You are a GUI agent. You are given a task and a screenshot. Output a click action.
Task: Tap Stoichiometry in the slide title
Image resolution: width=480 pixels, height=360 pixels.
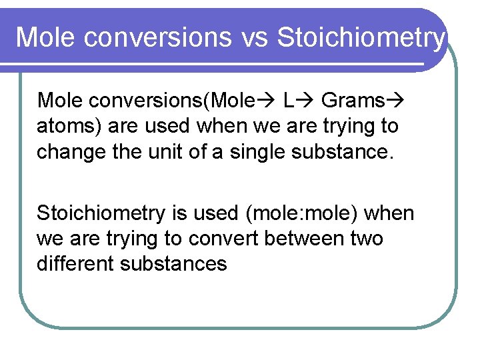pos(360,38)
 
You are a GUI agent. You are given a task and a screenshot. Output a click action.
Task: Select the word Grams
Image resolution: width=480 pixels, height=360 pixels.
pos(353,101)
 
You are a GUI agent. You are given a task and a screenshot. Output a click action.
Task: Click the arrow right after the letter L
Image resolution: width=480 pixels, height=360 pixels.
pos(306,101)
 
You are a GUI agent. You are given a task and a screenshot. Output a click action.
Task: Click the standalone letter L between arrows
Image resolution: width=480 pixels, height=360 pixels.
pos(287,101)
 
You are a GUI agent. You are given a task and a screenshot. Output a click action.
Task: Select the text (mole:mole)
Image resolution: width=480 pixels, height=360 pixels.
pos(303,213)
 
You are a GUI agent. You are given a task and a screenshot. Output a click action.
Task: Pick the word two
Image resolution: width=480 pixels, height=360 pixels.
pos(367,239)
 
